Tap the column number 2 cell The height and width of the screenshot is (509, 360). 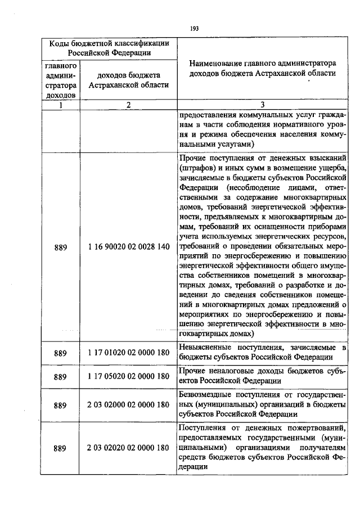pyautogui.click(x=128, y=105)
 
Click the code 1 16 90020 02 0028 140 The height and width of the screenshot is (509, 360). pyautogui.click(x=128, y=247)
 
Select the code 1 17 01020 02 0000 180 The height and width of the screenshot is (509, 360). pyautogui.click(x=128, y=353)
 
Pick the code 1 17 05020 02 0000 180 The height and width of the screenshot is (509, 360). pyautogui.click(x=128, y=376)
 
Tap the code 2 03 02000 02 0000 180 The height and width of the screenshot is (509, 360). pyautogui.click(x=128, y=405)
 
